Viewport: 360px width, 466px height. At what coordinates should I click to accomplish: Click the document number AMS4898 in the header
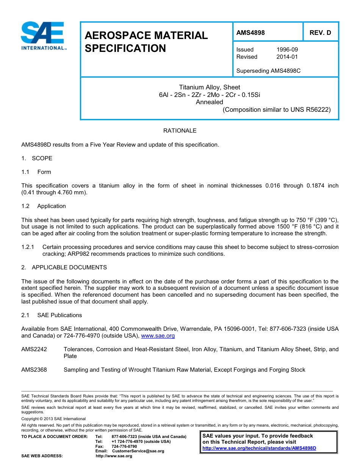(250, 33)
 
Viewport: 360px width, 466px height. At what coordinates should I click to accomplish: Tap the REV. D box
(320, 33)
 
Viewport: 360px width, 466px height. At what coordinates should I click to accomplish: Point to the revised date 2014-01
(287, 57)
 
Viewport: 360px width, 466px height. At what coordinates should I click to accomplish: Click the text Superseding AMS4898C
(268, 71)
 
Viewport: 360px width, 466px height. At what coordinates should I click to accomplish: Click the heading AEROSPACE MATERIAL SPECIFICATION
(146, 42)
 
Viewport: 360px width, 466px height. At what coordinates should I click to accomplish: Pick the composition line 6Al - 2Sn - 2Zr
(209, 95)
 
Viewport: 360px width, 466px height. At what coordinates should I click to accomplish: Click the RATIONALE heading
(180, 131)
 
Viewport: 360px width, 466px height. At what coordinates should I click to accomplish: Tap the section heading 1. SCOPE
(37, 158)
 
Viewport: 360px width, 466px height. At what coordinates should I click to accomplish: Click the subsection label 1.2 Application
(44, 206)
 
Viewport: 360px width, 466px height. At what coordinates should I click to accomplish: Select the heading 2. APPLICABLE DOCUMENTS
(64, 267)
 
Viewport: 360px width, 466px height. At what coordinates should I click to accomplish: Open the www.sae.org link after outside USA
(158, 336)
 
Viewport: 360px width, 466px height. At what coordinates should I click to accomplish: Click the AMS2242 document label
(34, 349)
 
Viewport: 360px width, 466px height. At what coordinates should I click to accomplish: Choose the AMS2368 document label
(34, 370)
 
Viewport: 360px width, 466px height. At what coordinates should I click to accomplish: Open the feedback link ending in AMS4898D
(259, 448)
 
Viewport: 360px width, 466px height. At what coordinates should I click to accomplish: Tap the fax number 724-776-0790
(124, 446)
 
